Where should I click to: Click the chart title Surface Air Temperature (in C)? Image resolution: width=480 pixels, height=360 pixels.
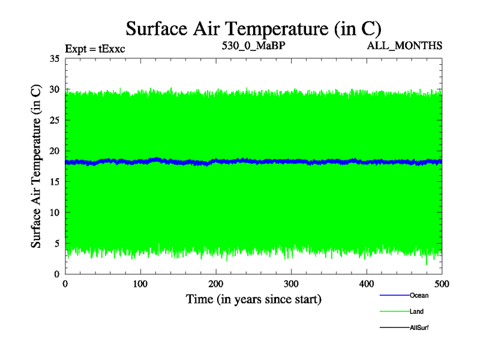(253, 28)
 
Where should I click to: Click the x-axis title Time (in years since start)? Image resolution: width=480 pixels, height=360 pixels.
(253, 299)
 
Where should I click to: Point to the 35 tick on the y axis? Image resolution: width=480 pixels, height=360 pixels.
(54, 59)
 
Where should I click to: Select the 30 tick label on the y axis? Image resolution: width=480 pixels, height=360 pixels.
(54, 89)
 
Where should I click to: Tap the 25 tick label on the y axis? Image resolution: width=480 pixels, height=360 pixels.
(54, 120)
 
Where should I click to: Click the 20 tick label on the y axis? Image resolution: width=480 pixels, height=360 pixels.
(54, 151)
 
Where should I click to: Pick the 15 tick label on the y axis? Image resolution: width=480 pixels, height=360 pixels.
(54, 182)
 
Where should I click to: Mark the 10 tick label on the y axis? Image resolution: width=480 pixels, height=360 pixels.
(54, 212)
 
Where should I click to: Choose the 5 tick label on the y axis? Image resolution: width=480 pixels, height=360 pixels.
(56, 243)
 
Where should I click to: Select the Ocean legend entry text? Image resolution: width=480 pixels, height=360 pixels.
(419, 295)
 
